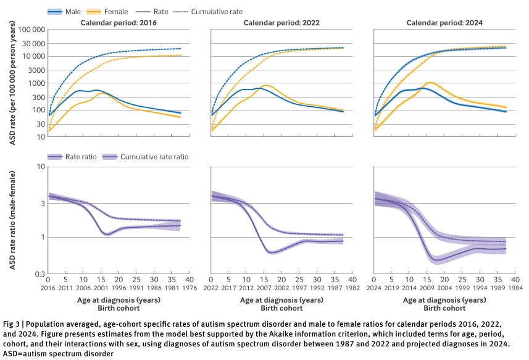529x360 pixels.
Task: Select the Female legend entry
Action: click(114, 12)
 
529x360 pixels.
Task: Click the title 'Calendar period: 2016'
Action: click(117, 23)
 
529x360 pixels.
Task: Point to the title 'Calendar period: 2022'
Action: click(281, 23)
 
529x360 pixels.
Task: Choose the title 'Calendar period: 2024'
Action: click(444, 23)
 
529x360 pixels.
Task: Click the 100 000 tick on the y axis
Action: click(29, 29)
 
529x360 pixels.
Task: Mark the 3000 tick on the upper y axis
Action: click(35, 70)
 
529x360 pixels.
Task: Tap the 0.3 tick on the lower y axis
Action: click(38, 274)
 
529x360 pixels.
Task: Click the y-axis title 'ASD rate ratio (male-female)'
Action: click(12, 220)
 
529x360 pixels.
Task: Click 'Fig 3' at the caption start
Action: click(12, 324)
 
